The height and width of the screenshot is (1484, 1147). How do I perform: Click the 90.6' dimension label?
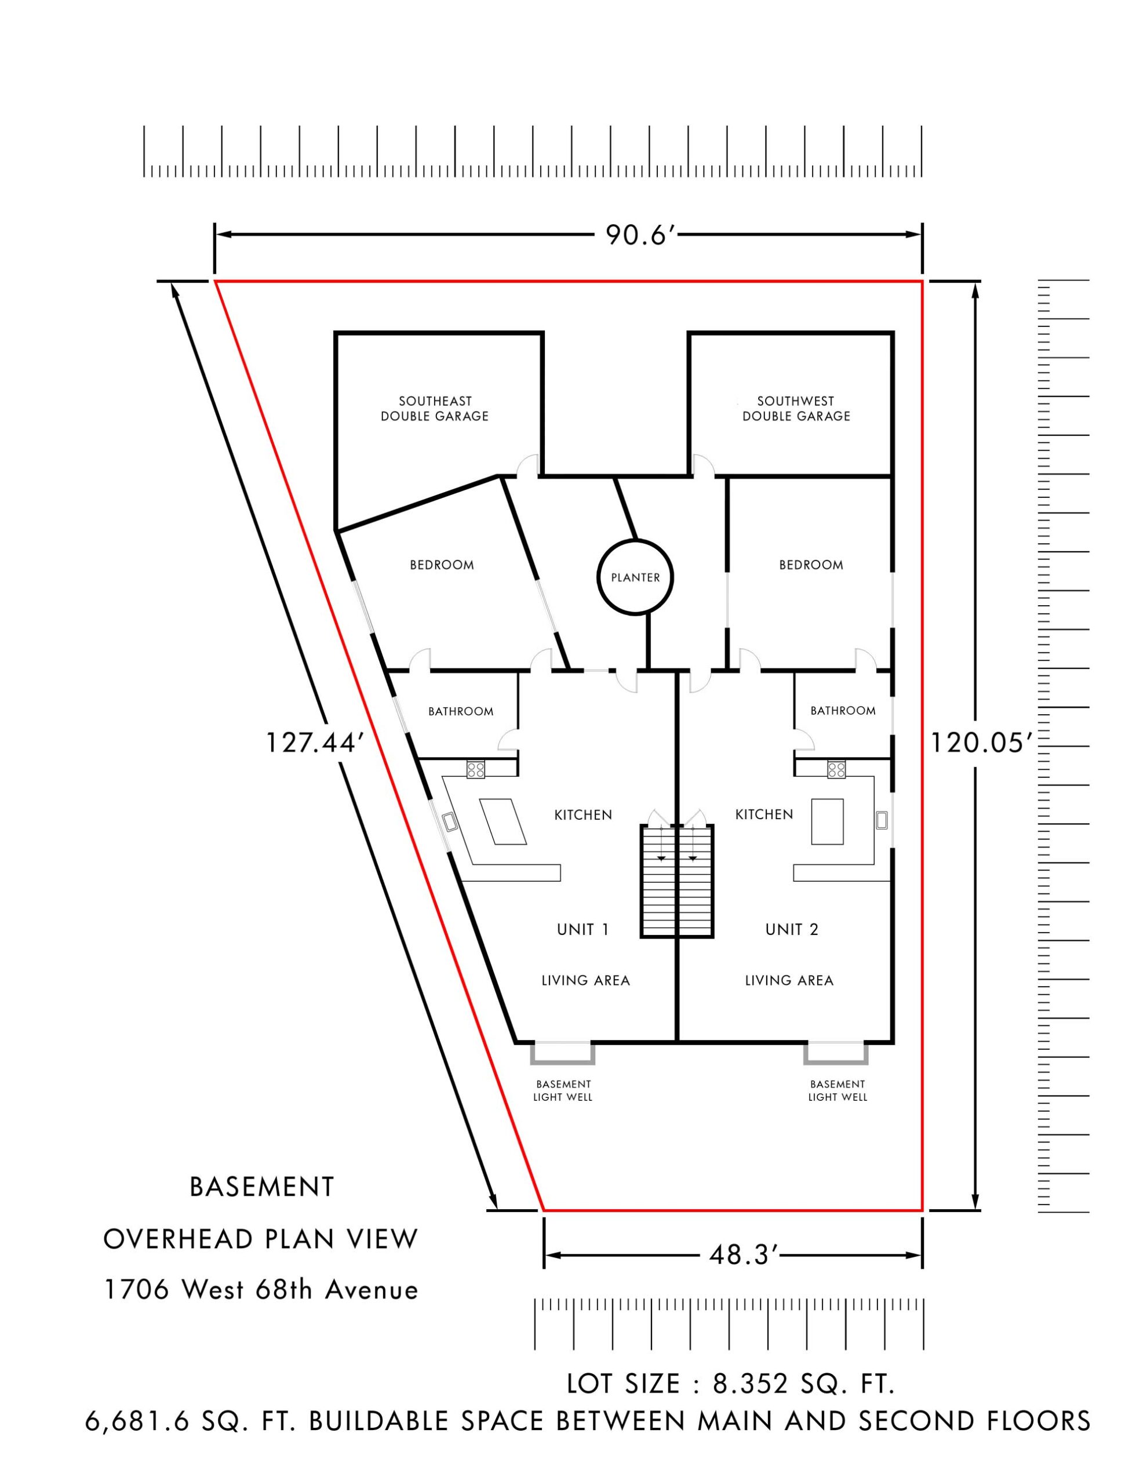(639, 235)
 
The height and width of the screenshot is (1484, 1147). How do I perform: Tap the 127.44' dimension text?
(310, 743)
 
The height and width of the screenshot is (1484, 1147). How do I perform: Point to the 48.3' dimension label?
(742, 1255)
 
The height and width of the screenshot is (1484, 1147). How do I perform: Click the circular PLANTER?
(635, 577)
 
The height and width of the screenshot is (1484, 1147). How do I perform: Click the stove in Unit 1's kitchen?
(476, 769)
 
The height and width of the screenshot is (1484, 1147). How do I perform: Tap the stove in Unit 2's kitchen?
(836, 769)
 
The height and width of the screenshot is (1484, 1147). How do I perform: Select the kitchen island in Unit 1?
(504, 821)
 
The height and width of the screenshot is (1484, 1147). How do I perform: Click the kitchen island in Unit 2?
(828, 821)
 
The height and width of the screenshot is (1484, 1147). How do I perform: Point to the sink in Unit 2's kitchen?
(882, 820)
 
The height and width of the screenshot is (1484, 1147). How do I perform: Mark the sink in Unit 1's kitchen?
(450, 821)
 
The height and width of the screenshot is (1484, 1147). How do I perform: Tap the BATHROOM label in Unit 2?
(843, 711)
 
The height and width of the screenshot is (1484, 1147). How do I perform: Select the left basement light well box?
(563, 1053)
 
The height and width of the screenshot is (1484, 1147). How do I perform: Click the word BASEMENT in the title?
(261, 1187)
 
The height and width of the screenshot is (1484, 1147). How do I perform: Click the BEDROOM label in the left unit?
(442, 565)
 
